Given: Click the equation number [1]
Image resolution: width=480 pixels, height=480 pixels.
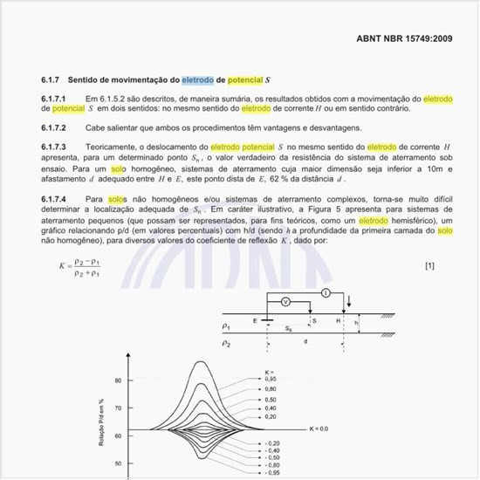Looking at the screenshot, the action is tap(429, 264).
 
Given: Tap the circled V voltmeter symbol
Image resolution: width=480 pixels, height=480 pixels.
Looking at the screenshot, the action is tap(285, 301).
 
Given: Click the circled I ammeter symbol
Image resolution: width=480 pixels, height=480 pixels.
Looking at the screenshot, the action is tap(325, 292).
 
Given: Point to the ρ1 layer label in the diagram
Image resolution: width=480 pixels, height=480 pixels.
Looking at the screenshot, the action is tap(226, 326).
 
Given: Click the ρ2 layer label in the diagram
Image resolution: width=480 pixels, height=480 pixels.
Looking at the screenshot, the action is tap(226, 344).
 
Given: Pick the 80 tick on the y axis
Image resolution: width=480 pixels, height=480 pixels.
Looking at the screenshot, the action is tap(118, 381).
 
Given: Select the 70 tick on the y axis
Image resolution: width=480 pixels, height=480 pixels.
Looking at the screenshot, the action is tap(118, 404).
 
